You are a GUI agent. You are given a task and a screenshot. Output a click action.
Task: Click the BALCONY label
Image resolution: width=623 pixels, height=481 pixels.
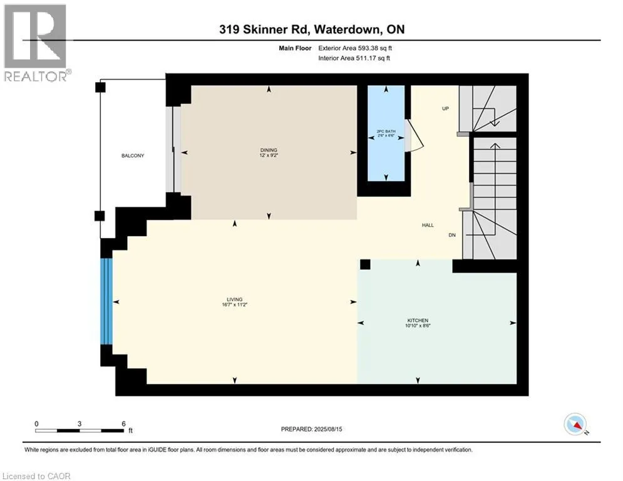click(133, 155)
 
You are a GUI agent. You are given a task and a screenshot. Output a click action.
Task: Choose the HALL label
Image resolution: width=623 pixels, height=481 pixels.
click(428, 225)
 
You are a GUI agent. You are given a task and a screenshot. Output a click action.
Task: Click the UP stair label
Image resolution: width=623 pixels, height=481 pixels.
click(445, 108)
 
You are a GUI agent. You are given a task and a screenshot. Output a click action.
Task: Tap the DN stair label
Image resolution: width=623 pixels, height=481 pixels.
click(452, 235)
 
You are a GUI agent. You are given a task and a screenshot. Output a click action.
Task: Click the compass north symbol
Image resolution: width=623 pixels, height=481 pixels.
click(575, 424)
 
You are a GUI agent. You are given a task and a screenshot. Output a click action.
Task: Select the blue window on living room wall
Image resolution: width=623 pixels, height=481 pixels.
click(106, 301)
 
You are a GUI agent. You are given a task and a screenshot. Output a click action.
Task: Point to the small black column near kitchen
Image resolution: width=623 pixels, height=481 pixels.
click(365, 264)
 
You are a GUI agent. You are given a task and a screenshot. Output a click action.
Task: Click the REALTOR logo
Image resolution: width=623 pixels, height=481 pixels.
click(36, 43)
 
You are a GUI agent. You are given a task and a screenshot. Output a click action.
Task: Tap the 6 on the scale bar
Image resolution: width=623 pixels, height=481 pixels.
click(123, 424)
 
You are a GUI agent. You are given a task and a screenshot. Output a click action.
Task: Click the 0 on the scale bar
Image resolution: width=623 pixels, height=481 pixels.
click(36, 424)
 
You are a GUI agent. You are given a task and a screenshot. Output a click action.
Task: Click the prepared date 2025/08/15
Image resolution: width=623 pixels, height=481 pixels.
click(328, 429)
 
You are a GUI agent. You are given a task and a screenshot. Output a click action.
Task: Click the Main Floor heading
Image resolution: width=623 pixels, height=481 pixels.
click(295, 48)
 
